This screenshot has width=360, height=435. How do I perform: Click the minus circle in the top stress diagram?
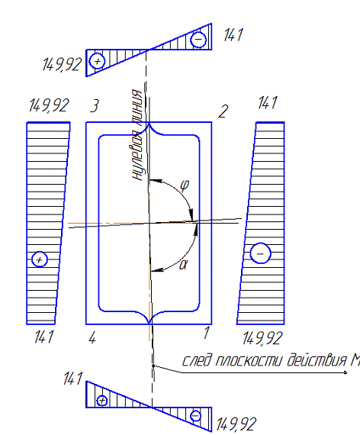coord(198,40)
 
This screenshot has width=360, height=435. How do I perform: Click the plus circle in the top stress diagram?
coord(97,61)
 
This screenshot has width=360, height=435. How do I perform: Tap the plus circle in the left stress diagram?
coord(40,259)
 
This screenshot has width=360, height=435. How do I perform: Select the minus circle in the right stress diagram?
coord(260,253)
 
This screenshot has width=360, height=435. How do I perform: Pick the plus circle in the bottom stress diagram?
coord(102,401)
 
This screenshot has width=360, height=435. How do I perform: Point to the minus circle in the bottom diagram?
coord(195,416)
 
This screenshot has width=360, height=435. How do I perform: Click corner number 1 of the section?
coord(206,333)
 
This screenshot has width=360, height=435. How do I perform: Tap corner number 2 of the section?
coord(223,111)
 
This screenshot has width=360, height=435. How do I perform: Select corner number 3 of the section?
coord(95,106)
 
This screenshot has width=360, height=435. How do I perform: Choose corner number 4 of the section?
coord(92,338)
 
